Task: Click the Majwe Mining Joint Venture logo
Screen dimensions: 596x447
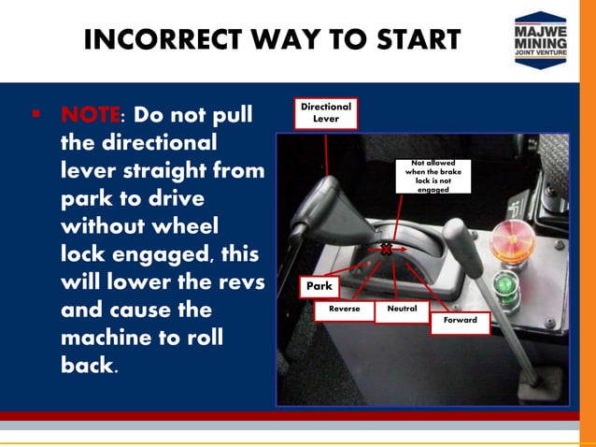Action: pyautogui.click(x=541, y=40)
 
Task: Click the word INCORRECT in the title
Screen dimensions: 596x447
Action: pyautogui.click(x=163, y=39)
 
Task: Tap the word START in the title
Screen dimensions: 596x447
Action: pyautogui.click(x=419, y=39)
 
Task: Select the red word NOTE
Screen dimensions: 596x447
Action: pyautogui.click(x=90, y=114)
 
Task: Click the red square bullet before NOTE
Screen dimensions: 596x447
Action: pyautogui.click(x=36, y=113)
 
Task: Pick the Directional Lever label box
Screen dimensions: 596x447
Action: pyautogui.click(x=326, y=113)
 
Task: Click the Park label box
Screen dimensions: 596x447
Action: pyautogui.click(x=319, y=286)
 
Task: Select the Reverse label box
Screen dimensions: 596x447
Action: pyautogui.click(x=345, y=310)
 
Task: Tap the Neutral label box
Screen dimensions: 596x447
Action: pyautogui.click(x=402, y=311)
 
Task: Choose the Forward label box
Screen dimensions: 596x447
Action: pyautogui.click(x=461, y=323)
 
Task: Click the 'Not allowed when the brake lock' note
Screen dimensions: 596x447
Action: pyautogui.click(x=433, y=176)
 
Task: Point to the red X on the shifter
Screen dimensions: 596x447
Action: pyautogui.click(x=386, y=250)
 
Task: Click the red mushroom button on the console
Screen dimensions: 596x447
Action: pyautogui.click(x=512, y=241)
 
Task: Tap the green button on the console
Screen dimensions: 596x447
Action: pyautogui.click(x=507, y=286)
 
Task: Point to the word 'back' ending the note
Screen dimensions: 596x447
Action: pyautogui.click(x=87, y=365)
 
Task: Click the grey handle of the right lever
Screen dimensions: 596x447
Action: pyautogui.click(x=462, y=247)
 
